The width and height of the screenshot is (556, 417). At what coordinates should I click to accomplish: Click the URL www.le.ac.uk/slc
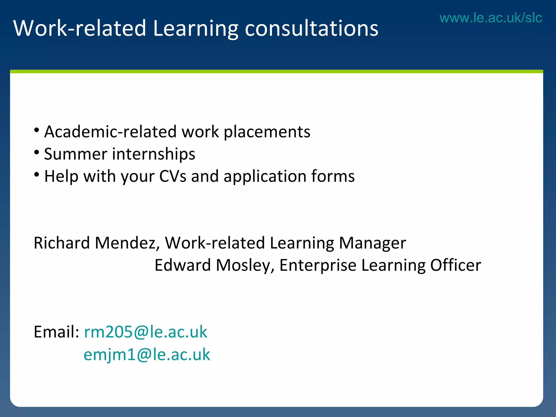tap(491, 18)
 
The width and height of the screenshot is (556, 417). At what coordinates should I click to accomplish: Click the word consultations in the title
tap(311, 28)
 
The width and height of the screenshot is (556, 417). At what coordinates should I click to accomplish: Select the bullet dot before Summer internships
tap(37, 152)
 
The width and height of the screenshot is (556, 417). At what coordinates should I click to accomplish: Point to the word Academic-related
tap(110, 132)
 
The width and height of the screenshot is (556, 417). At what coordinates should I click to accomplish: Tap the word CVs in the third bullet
tap(173, 176)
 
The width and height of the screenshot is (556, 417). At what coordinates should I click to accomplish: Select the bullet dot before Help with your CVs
tap(37, 175)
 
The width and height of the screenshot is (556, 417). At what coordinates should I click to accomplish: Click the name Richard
tap(62, 243)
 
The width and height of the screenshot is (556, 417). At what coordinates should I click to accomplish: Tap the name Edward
tap(182, 265)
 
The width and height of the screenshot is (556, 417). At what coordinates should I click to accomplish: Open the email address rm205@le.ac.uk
tap(146, 332)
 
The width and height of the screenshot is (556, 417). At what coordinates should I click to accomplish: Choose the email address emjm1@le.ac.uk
tap(147, 355)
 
